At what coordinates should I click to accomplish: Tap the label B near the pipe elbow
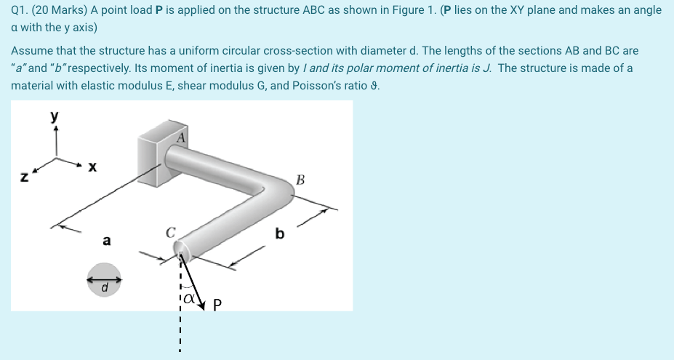click(x=300, y=180)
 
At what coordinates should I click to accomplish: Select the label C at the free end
click(x=170, y=233)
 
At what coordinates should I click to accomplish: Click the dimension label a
click(x=107, y=240)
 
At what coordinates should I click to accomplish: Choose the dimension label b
click(x=279, y=234)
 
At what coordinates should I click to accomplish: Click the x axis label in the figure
click(x=92, y=167)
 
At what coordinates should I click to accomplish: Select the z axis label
click(x=24, y=176)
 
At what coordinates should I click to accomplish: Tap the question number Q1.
click(x=19, y=10)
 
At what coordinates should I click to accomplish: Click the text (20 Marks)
click(x=59, y=10)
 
